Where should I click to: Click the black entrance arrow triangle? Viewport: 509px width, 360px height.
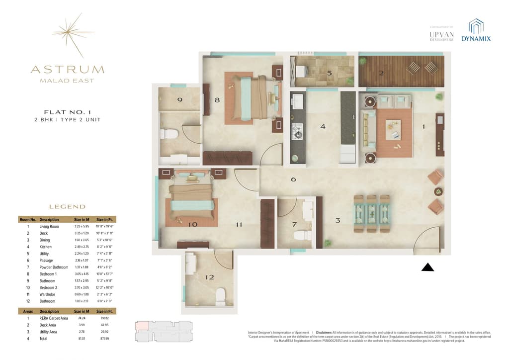pos(427,268)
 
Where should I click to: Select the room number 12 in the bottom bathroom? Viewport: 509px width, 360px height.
pos(209,277)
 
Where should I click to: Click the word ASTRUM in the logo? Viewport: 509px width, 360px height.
pos(67,70)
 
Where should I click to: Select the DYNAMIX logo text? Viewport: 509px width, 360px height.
pos(476,38)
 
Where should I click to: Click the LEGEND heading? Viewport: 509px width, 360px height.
pos(67,206)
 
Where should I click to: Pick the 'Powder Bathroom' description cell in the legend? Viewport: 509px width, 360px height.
pos(53,268)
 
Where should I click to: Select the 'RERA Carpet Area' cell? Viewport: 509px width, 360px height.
pos(55,317)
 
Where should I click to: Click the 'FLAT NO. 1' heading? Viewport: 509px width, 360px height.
pos(67,112)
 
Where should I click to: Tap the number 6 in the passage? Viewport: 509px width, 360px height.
pos(293,179)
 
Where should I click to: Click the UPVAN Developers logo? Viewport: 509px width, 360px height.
pos(441,35)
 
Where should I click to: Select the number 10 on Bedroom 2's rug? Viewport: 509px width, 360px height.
pos(192,224)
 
